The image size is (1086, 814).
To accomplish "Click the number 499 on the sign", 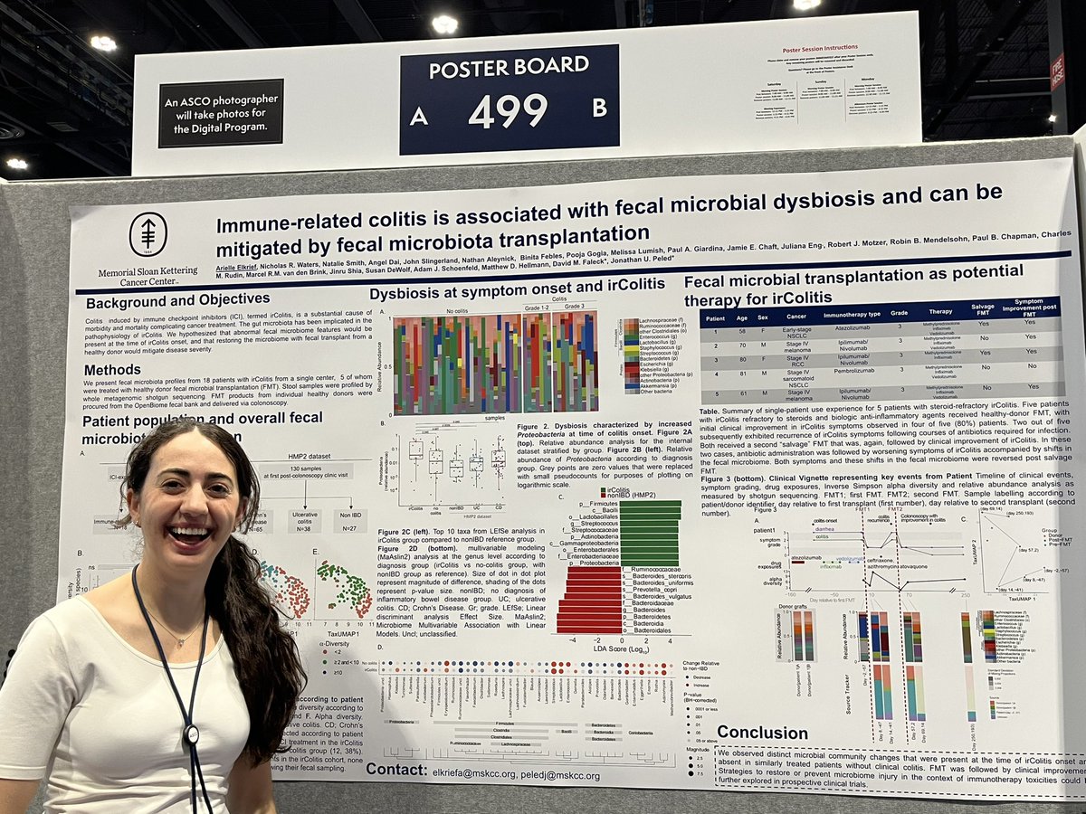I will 508,110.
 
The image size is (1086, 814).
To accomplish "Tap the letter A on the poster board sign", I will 418,116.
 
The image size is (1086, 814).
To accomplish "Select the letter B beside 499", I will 599,107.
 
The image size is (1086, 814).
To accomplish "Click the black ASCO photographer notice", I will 221,113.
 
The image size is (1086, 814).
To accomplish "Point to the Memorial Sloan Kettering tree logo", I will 148,234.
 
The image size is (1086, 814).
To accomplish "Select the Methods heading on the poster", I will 112,369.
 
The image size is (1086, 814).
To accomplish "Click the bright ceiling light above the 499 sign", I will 444,24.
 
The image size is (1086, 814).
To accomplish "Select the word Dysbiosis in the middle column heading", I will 407,292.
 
